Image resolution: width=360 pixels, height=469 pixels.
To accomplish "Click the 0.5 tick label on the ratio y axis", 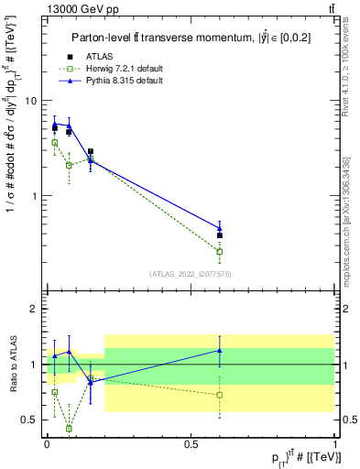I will click(30, 420).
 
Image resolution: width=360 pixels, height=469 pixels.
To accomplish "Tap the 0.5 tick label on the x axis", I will click(191, 442).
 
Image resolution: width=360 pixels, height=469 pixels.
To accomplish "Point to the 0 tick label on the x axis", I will click(47, 442).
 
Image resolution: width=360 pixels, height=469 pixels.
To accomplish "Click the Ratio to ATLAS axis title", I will click(14, 365).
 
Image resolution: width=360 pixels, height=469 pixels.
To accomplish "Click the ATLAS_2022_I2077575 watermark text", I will click(190, 274).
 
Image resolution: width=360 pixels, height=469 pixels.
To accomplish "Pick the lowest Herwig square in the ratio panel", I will click(69, 428).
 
